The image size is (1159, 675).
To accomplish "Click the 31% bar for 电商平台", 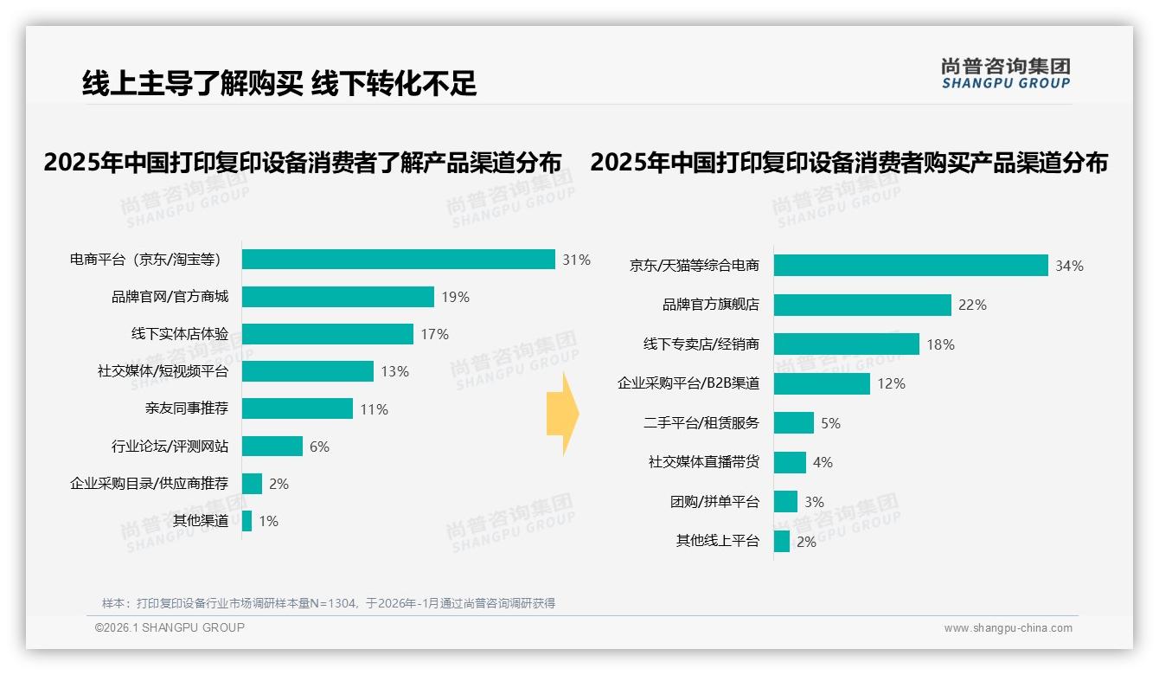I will (x=398, y=260).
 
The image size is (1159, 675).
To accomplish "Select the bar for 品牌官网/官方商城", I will (x=337, y=297).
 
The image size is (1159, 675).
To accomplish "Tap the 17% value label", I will (x=435, y=334).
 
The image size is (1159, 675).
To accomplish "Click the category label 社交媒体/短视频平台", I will (x=163, y=371).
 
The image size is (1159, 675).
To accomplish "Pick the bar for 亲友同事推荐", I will (x=297, y=408).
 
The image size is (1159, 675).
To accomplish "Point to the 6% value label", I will (x=319, y=447).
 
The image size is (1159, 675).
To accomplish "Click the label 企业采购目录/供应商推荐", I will (x=149, y=484).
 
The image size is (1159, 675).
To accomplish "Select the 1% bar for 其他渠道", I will (x=247, y=521).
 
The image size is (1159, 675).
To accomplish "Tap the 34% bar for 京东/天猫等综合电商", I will (x=910, y=266).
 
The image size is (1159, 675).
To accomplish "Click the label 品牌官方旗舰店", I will (x=710, y=305).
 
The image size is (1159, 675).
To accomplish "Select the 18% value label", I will (x=940, y=344).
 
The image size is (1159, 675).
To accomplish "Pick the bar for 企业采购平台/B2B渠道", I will (x=822, y=383).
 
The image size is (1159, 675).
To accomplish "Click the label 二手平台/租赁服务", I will (x=701, y=423).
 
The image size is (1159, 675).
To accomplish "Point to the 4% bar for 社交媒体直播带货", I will (x=790, y=462).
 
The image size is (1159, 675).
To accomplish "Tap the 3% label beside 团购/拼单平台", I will (x=814, y=502).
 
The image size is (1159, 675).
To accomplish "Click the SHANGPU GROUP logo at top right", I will (x=1005, y=74).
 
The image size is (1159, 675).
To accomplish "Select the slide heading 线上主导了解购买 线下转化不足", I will (x=279, y=83).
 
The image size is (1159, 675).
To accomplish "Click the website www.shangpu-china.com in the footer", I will (x=1008, y=628).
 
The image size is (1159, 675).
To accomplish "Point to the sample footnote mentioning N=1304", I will (x=329, y=603).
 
